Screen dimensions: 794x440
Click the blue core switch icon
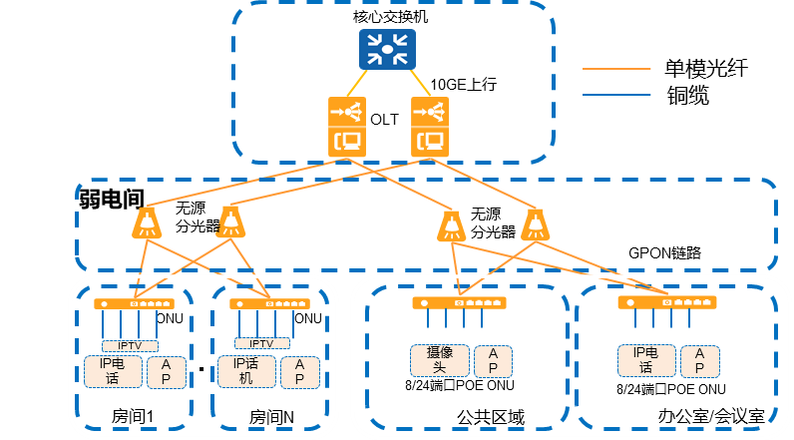[387, 49]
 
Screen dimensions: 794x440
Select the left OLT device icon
[347, 127]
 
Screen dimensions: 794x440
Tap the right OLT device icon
[430, 127]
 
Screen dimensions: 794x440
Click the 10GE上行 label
[464, 84]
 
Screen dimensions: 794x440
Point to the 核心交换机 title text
[390, 17]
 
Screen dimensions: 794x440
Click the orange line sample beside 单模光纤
[616, 69]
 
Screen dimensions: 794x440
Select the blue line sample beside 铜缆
[616, 95]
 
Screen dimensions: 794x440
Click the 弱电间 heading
[112, 199]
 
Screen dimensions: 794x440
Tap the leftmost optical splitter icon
[147, 222]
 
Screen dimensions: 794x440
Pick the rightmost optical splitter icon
[536, 224]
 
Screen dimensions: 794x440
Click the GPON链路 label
[664, 252]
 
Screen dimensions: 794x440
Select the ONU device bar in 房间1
[135, 303]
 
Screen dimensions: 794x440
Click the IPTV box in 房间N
[262, 343]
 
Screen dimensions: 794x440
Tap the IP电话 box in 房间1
[113, 371]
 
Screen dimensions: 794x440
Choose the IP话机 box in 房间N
[246, 371]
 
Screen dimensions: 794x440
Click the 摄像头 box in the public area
[440, 360]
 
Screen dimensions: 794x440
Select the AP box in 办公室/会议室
[700, 361]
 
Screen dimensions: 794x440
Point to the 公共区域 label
[491, 417]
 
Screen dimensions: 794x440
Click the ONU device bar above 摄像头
[459, 302]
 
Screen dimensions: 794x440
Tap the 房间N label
[271, 417]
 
